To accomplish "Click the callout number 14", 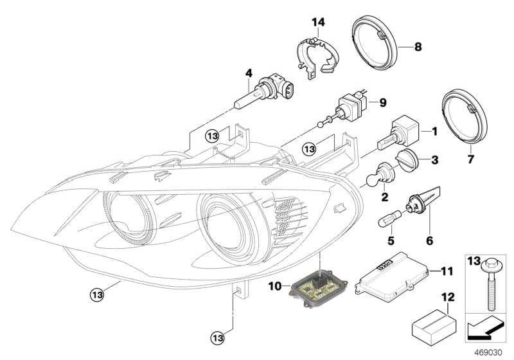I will tap(319, 22).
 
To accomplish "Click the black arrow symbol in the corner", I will tap(480, 330).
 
